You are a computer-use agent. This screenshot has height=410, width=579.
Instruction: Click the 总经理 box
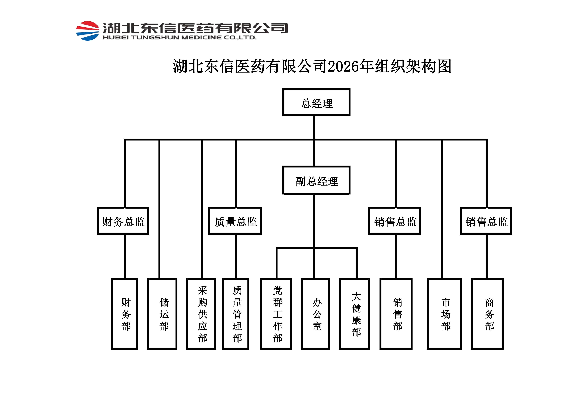316,102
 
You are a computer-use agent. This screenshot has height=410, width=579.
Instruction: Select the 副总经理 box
316,180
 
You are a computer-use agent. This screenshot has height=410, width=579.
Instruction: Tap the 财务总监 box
123,221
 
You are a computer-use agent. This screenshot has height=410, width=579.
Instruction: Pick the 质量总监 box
235,221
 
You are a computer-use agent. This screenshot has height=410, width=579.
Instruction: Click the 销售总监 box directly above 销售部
395,221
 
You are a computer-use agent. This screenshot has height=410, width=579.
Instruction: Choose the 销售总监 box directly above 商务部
486,221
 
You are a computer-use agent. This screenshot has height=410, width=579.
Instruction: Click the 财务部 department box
125,314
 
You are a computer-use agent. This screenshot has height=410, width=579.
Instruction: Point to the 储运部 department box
162,314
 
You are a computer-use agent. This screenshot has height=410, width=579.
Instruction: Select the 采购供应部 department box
201,314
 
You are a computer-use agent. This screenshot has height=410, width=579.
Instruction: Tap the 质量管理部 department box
236,314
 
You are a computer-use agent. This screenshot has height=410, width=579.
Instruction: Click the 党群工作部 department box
276,314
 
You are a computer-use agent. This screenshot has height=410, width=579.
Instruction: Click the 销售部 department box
396,314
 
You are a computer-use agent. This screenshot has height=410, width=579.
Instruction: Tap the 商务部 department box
488,314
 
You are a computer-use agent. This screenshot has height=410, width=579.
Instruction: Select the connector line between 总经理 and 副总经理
314,151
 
